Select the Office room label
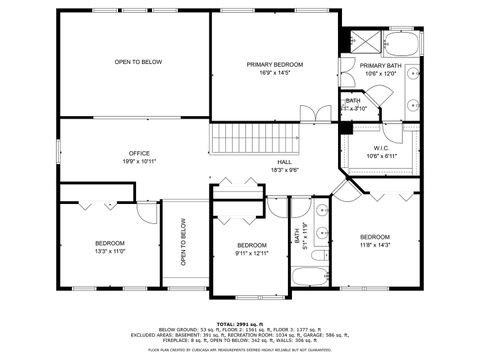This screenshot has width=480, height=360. pos(138,153)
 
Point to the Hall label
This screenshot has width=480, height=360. pos(284,162)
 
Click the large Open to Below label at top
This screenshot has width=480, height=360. pos(138,62)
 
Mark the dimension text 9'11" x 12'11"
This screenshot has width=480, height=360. pos(252,254)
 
